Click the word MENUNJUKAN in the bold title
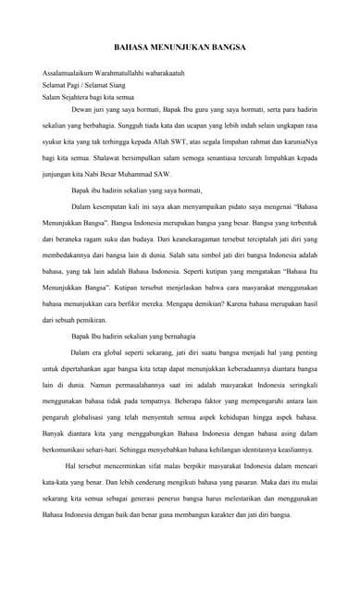pyautogui.click(x=180, y=43)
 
